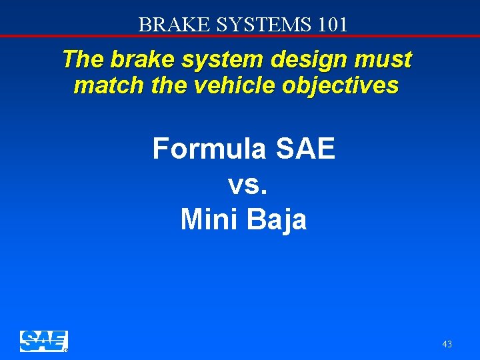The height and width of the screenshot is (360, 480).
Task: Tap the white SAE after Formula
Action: (305, 148)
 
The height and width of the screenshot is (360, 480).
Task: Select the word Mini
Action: (209, 219)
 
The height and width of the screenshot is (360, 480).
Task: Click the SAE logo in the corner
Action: (44, 341)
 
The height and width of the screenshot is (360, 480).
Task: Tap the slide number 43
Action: (447, 344)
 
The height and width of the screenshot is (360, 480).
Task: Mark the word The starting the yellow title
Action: (83, 60)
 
